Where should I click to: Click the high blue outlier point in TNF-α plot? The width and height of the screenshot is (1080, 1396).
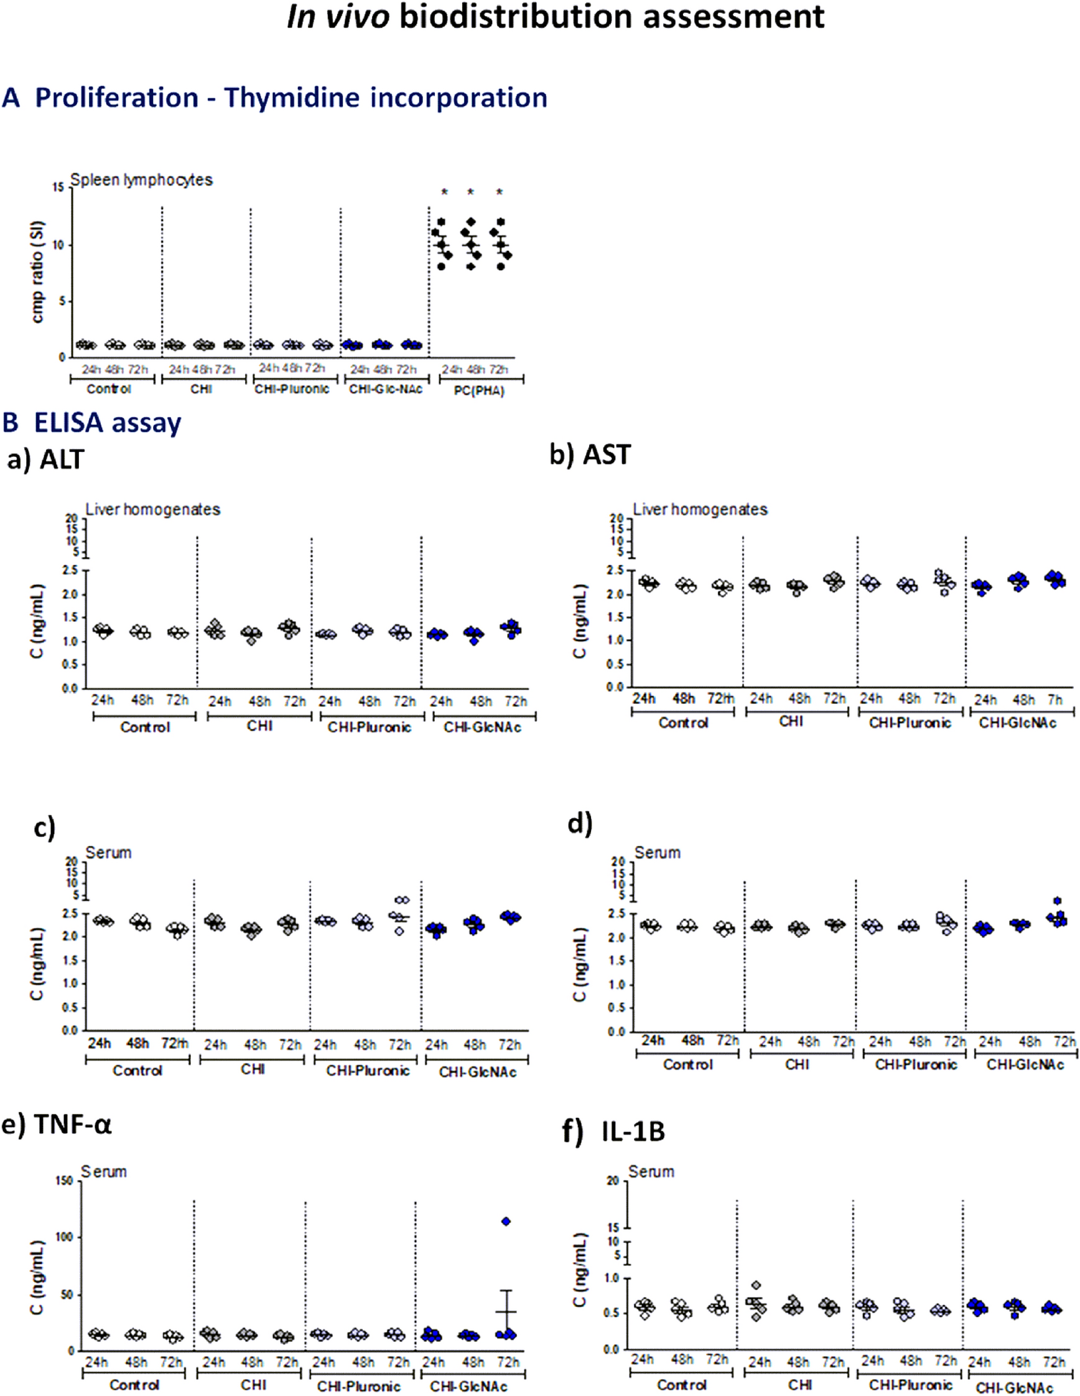[x=506, y=1222]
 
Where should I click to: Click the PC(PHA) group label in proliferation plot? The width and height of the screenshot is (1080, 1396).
[x=478, y=391]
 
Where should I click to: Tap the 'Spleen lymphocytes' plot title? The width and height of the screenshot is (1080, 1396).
[x=141, y=180]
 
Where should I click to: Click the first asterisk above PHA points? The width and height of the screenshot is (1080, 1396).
[x=445, y=192]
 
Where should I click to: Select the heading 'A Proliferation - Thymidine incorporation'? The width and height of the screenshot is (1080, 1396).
[x=275, y=98]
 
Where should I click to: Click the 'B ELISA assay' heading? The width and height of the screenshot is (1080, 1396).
[x=92, y=423]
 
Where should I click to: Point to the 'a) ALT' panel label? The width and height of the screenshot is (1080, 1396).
[x=45, y=459]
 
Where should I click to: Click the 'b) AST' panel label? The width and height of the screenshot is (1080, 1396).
[x=590, y=454]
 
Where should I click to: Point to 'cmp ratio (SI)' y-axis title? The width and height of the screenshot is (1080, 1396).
[x=37, y=271]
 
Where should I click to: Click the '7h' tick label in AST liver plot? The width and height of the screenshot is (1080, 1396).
[x=1054, y=700]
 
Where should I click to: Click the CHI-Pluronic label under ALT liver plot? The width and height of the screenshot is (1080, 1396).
[x=370, y=728]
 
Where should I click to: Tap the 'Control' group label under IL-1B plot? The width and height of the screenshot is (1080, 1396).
[x=681, y=1385]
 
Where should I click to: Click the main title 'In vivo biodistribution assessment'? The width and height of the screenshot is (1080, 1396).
[x=556, y=17]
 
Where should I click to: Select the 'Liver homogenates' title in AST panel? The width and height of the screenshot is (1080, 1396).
[x=700, y=510]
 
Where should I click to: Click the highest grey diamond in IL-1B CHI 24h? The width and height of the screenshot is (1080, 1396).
[x=756, y=1285]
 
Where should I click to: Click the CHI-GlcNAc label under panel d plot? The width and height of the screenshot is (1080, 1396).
[x=1025, y=1064]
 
